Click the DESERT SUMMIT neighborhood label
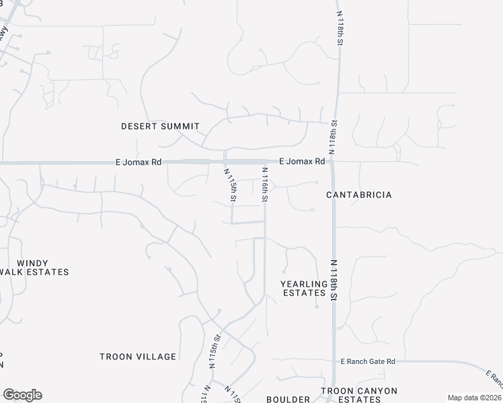click(160, 126)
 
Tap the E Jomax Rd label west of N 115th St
click(139, 162)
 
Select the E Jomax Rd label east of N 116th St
click(302, 161)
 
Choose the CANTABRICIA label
click(358, 195)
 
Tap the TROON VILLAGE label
click(138, 357)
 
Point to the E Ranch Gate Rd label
click(368, 361)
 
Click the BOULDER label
click(288, 399)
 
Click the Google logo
click(22, 395)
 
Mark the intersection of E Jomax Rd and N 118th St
click(333, 162)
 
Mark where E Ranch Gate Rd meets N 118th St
click(334, 361)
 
